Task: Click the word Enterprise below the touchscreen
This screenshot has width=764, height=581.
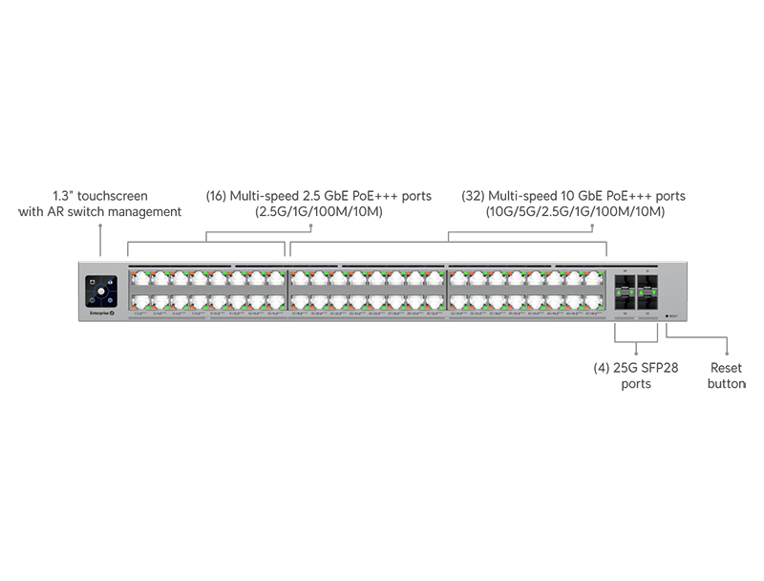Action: [x=97, y=312]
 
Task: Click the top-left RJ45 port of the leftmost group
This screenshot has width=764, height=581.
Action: [x=139, y=279]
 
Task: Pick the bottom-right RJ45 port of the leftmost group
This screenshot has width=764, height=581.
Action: [x=276, y=301]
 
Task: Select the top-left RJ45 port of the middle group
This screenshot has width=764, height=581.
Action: [x=299, y=279]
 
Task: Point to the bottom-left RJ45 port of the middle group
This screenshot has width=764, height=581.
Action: [x=299, y=301]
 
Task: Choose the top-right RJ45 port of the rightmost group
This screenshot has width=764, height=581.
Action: [x=594, y=279]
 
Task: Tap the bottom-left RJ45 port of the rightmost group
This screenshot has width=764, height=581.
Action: [x=458, y=301]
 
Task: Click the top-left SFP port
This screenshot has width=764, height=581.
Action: [x=625, y=281]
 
